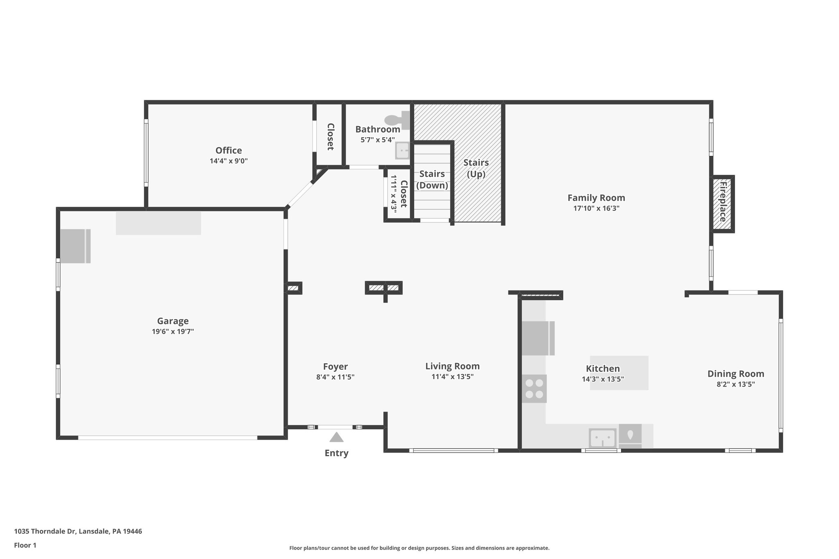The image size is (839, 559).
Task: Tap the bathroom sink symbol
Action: click(402, 151)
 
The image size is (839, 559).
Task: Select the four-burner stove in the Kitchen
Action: click(534, 389)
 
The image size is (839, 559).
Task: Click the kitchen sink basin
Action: click(602, 438)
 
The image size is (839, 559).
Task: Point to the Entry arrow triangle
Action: click(336, 437)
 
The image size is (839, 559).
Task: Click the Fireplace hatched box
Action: click(722, 204)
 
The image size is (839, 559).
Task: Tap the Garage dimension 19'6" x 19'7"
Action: click(172, 331)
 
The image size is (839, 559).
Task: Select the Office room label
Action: click(229, 150)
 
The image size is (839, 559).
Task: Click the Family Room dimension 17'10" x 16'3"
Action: click(596, 208)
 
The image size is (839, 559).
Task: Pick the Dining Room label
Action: click(736, 373)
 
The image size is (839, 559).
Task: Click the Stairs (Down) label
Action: click(432, 179)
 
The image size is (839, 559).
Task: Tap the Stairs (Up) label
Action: click(476, 168)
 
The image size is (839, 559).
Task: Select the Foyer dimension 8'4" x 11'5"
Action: click(335, 377)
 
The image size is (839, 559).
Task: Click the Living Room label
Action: click(452, 366)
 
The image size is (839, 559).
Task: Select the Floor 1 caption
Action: click(25, 545)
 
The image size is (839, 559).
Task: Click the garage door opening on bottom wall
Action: click(168, 437)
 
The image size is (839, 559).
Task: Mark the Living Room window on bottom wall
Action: click(453, 450)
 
